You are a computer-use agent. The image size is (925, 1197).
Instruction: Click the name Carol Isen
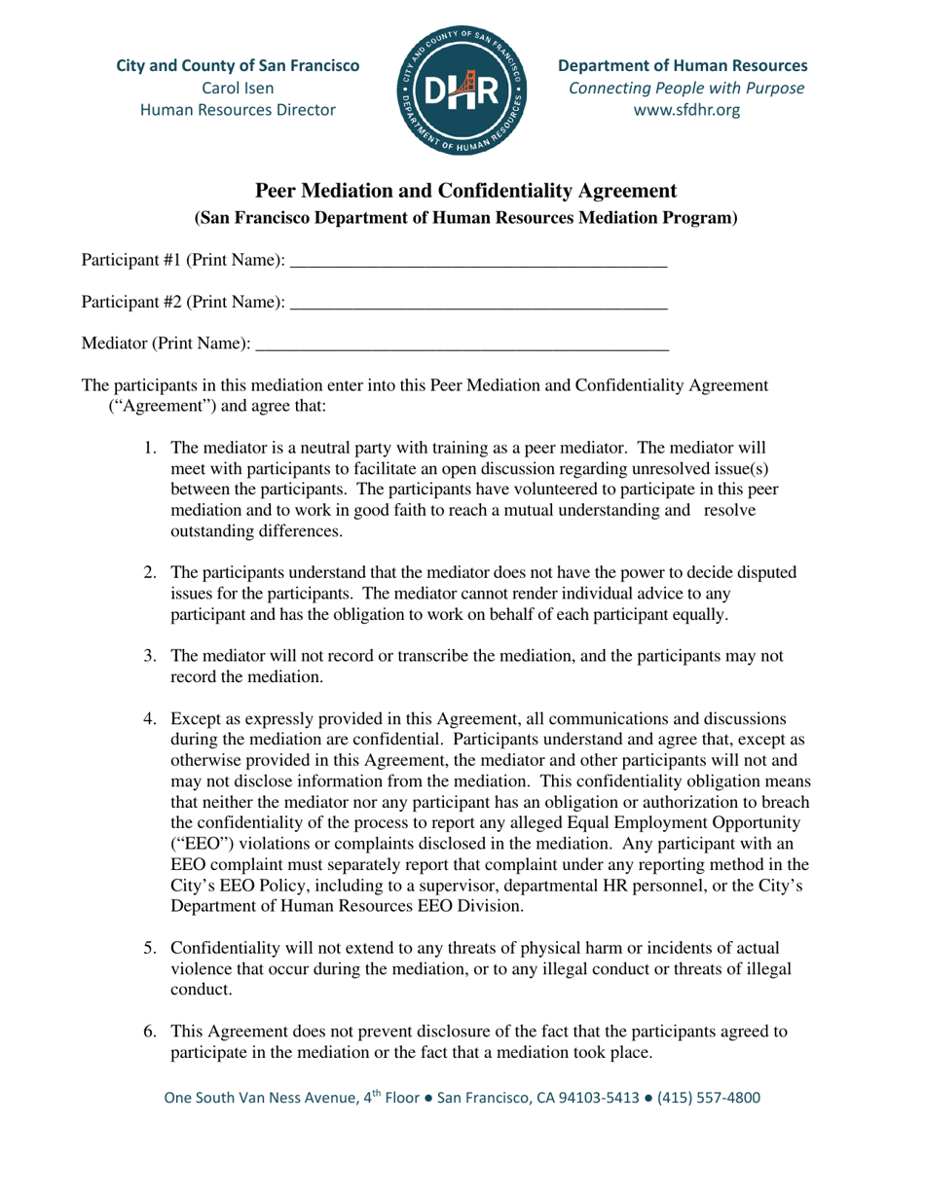238,89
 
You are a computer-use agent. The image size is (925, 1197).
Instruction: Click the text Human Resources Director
238,110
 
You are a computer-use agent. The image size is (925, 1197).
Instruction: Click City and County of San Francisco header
237,67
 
